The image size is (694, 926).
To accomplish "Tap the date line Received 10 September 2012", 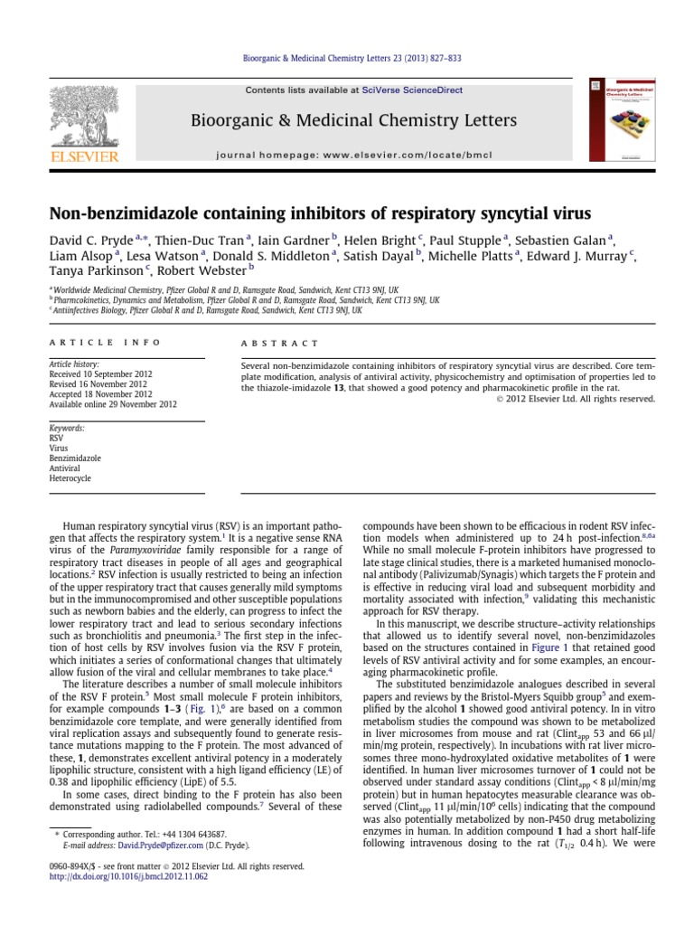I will pyautogui.click(x=101, y=373).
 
